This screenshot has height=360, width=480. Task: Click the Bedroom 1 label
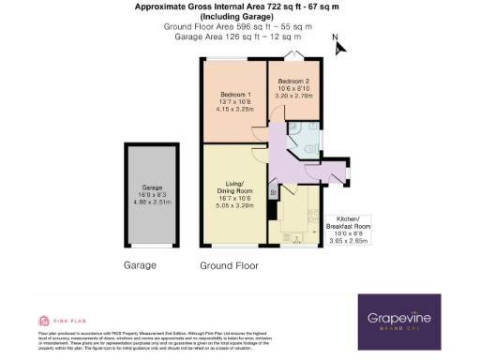(234, 95)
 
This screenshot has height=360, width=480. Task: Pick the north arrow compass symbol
(337, 43)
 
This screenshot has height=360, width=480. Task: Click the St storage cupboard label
(274, 193)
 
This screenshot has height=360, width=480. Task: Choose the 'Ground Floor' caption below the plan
(227, 266)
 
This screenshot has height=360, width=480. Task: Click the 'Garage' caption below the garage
(141, 266)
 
